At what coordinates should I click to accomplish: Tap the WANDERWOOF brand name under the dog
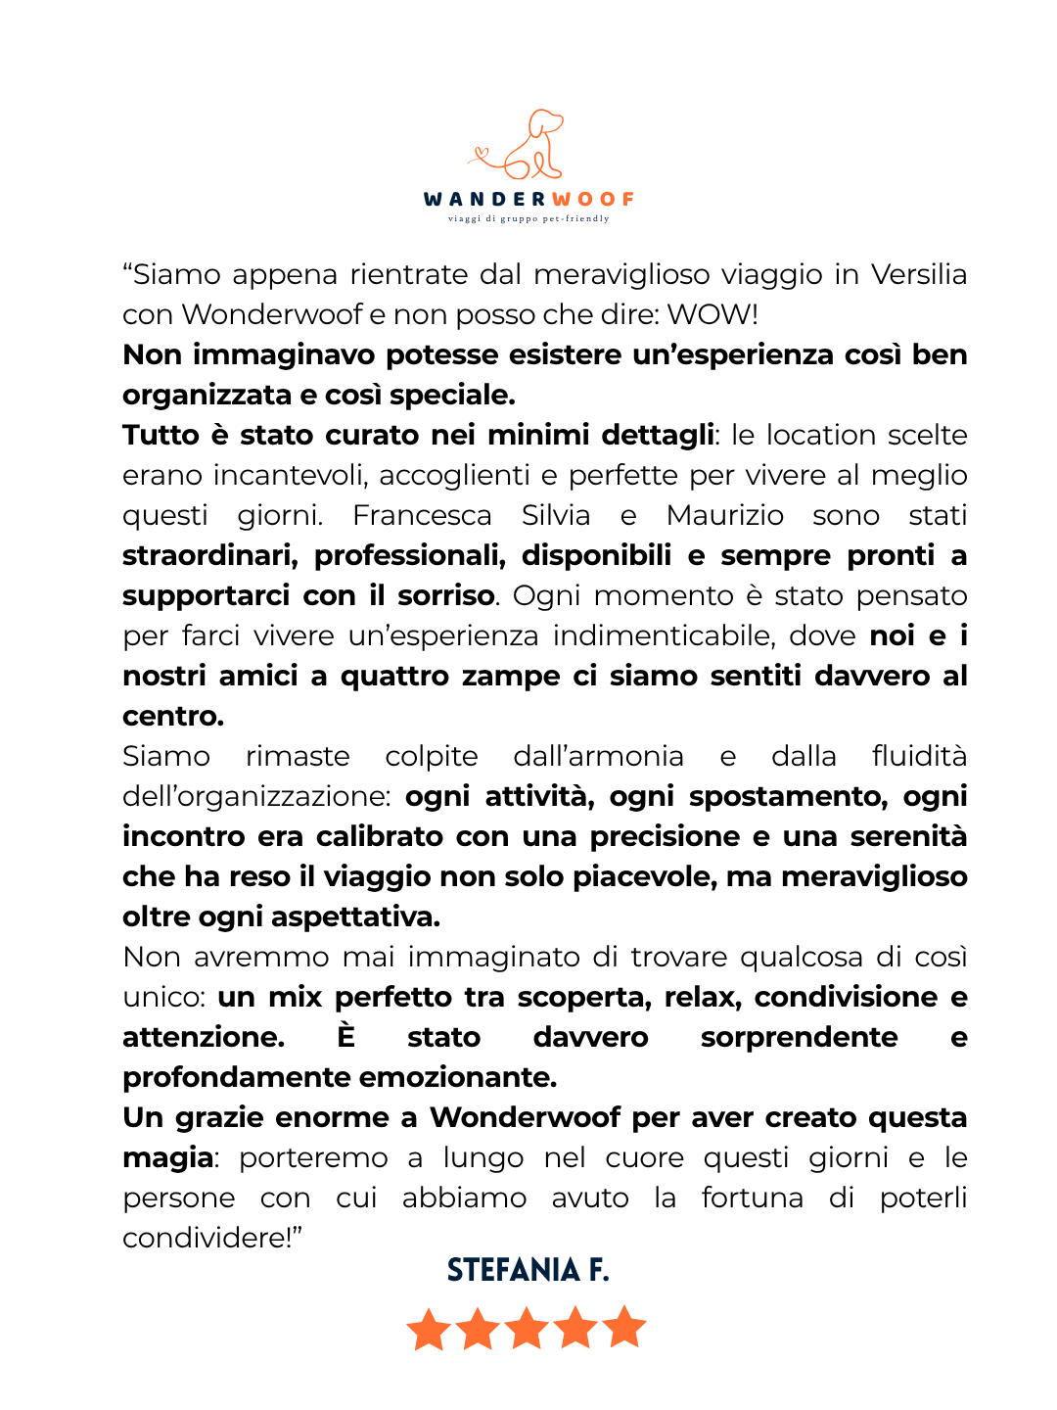click(528, 199)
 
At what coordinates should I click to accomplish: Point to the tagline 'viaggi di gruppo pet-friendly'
click(528, 218)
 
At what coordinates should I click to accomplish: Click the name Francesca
click(422, 515)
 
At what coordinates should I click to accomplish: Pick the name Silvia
click(556, 515)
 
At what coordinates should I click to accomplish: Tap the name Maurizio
click(725, 515)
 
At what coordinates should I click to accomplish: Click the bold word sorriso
click(445, 595)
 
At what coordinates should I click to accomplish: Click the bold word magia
click(167, 1157)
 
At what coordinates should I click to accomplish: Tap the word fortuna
click(752, 1198)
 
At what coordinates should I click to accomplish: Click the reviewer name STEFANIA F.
click(528, 1270)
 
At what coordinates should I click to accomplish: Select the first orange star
click(429, 1329)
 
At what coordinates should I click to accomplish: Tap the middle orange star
click(527, 1329)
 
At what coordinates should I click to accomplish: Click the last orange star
click(624, 1329)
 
